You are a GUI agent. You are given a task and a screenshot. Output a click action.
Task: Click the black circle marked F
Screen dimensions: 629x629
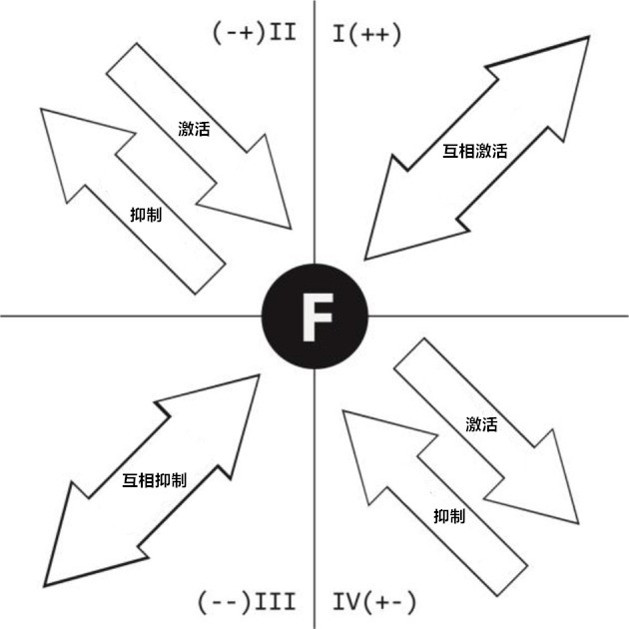315,315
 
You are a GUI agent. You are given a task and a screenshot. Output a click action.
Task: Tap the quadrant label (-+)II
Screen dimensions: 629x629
254,33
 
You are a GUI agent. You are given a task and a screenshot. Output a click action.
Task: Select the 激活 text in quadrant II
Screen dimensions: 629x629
193,128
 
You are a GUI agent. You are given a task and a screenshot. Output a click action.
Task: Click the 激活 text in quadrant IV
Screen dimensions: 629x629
481,423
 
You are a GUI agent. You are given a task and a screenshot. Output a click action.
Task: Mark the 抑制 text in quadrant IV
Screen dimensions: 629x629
449,515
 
